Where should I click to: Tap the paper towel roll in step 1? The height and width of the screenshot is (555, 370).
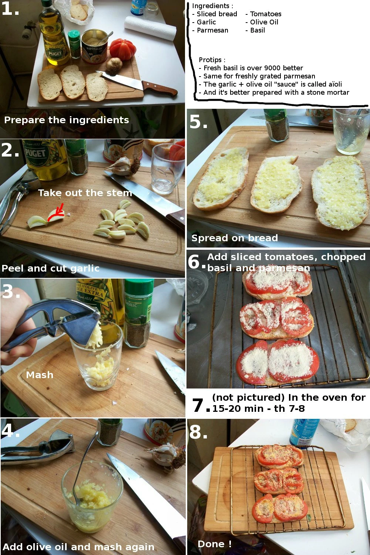pos(150,27)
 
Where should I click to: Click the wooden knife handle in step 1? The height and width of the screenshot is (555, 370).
pos(160,88)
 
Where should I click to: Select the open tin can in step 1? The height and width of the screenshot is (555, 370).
pos(94,46)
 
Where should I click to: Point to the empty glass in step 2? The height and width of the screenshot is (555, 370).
pos(167,168)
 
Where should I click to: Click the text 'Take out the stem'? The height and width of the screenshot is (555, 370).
pos(85,193)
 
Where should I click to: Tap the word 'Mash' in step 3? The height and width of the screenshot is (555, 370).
pos(40,375)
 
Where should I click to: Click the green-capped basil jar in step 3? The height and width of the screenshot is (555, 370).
pos(138,313)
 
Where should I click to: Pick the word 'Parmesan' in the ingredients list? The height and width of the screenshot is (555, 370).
pos(212,30)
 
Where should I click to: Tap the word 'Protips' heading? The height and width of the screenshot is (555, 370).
pos(210,60)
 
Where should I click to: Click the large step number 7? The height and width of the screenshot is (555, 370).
pos(198,406)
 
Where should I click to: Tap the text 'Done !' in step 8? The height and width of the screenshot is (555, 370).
pos(215,544)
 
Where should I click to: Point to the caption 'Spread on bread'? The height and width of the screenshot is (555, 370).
pos(235,238)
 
